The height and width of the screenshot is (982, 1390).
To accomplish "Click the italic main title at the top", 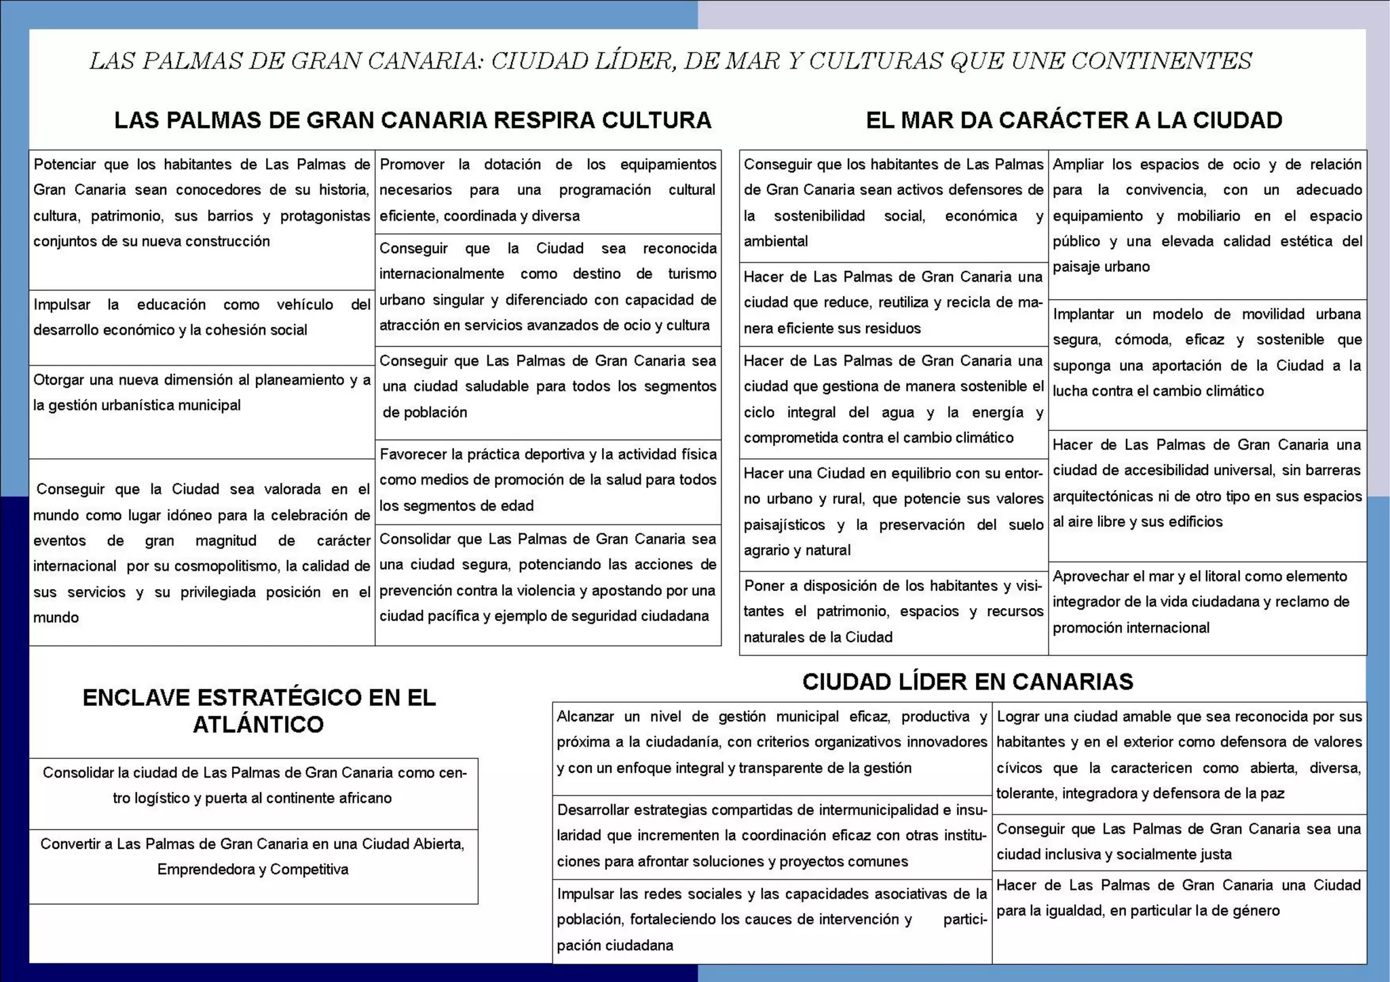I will [x=671, y=61].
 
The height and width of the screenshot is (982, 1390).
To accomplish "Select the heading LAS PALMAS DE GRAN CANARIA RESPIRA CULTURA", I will [x=413, y=120].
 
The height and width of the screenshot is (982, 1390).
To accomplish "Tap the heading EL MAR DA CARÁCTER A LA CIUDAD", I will [x=1074, y=120].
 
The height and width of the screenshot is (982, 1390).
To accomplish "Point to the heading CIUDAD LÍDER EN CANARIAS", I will [x=968, y=681].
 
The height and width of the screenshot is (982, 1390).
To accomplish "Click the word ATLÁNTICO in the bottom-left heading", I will [x=258, y=724].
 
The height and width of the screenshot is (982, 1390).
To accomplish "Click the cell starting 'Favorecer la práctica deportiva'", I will [x=548, y=480].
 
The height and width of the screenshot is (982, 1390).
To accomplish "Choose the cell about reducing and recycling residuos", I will [x=893, y=303].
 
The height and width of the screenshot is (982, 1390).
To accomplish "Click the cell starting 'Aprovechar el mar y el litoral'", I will [x=1207, y=602].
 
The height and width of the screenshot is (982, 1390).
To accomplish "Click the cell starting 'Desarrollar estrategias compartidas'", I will [x=772, y=835].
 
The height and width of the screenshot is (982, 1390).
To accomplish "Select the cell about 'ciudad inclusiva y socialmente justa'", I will [x=1178, y=842].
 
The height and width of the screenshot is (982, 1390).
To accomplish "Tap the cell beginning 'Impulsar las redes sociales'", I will [x=772, y=920].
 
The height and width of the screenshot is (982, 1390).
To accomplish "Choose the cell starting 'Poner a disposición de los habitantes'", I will [x=893, y=611].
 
